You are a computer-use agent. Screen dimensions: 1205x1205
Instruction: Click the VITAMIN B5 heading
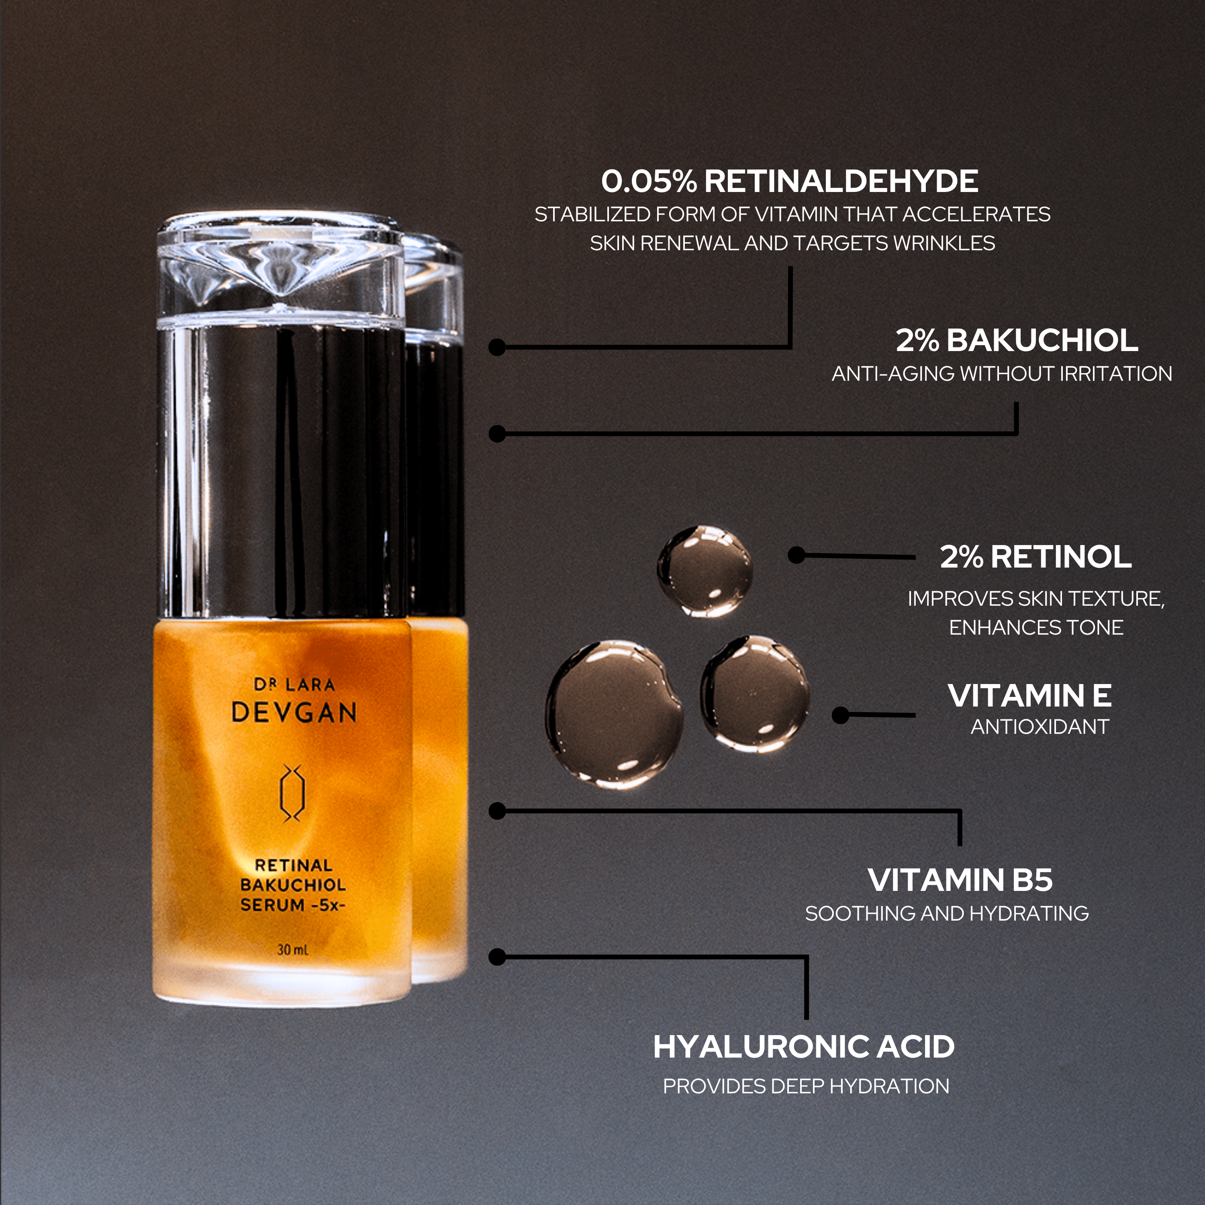coord(960,880)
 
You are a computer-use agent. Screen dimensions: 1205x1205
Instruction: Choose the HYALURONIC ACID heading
coord(804,1047)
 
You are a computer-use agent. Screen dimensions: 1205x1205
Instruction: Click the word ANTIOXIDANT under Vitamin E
coord(1040,727)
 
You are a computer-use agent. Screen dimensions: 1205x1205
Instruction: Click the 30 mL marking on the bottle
coord(292,949)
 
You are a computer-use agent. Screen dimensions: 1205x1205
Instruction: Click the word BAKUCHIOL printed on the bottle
coord(292,884)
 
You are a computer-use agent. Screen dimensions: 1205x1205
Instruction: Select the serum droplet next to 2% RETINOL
coord(705,571)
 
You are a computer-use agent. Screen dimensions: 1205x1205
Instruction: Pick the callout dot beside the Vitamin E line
coord(841,715)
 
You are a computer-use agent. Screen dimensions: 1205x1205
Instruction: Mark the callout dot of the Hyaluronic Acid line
coord(497,957)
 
